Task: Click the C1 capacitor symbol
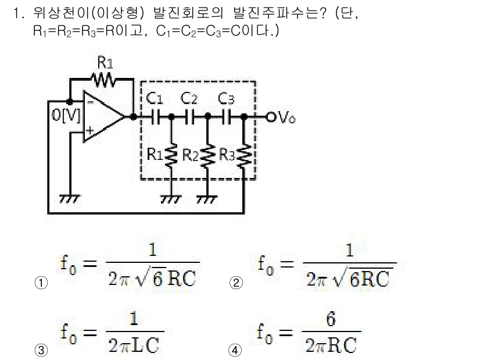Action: pyautogui.click(x=155, y=117)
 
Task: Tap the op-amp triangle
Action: pyautogui.click(x=102, y=117)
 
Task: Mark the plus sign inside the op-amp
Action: pyautogui.click(x=89, y=132)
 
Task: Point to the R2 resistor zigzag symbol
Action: pyautogui.click(x=208, y=154)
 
